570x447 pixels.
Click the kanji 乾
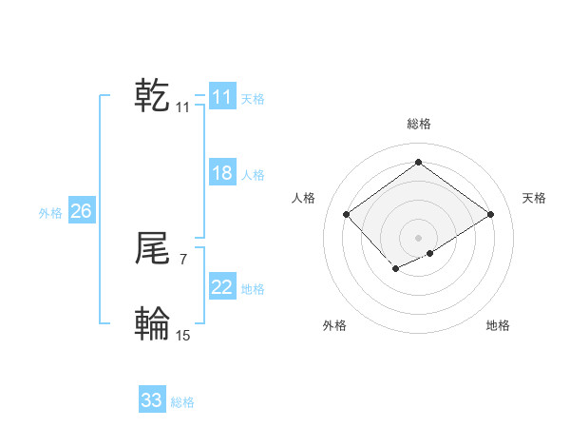point(152,95)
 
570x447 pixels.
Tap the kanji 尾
point(152,249)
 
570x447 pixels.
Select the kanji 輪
point(152,324)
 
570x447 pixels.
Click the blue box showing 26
point(81,211)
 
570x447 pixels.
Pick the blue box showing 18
point(221,173)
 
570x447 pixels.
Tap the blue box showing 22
point(221,287)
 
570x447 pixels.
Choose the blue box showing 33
point(151,400)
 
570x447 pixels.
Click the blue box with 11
point(221,97)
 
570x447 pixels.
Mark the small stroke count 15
point(183,335)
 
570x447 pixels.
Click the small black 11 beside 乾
point(182,107)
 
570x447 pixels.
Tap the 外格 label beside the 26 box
point(50,213)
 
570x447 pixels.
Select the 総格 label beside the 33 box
point(182,402)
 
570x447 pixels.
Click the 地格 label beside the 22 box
point(253,289)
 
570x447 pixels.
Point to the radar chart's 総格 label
point(418,124)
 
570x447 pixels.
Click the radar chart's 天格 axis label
point(534,198)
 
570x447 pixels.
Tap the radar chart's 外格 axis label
point(334,325)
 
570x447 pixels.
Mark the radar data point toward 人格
point(347,214)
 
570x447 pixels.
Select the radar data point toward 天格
point(490,214)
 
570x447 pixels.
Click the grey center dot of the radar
point(418,237)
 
